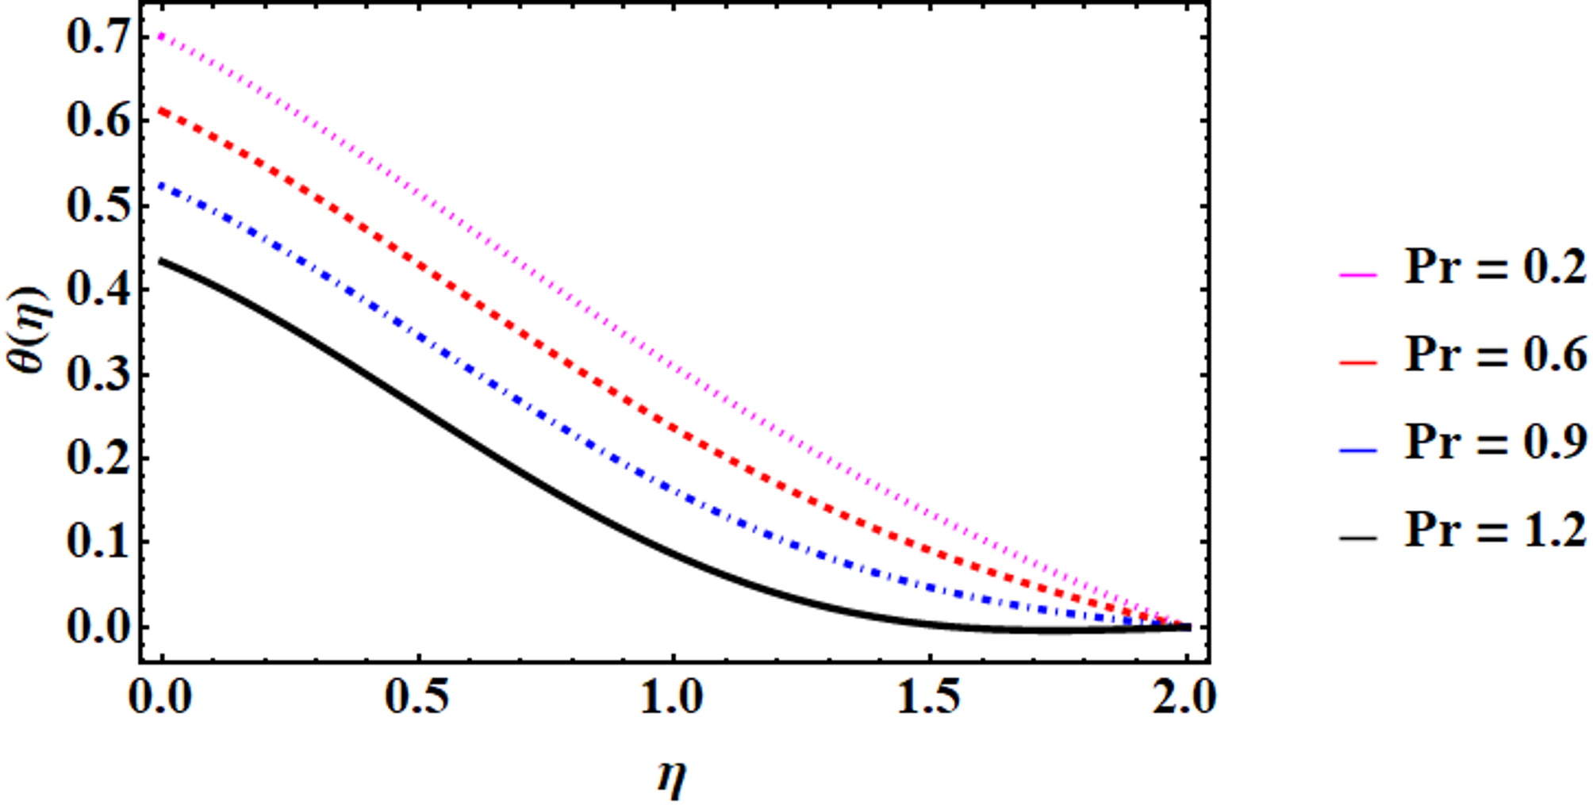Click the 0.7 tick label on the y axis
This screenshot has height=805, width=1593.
(98, 38)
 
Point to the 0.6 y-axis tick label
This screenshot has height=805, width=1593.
(98, 122)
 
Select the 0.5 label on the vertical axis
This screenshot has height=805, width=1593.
(98, 206)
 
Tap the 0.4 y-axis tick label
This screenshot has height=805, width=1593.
(98, 290)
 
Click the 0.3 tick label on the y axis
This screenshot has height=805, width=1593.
(98, 375)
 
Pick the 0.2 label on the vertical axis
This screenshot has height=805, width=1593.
(98, 459)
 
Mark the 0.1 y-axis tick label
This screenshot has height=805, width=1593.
(98, 543)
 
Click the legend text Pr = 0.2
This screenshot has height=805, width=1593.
(1495, 267)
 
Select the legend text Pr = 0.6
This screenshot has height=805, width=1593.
(1495, 355)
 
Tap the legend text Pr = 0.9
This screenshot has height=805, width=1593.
(1495, 442)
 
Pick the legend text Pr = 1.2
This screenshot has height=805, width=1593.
(1495, 529)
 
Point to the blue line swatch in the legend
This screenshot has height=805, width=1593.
(1358, 450)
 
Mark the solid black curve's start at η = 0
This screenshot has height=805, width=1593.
(162, 261)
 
